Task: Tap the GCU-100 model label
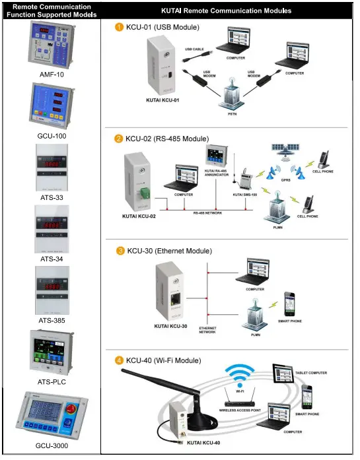[51, 136]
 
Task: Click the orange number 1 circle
[119, 27]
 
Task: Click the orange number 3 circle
[119, 251]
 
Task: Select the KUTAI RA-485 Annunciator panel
[219, 156]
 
